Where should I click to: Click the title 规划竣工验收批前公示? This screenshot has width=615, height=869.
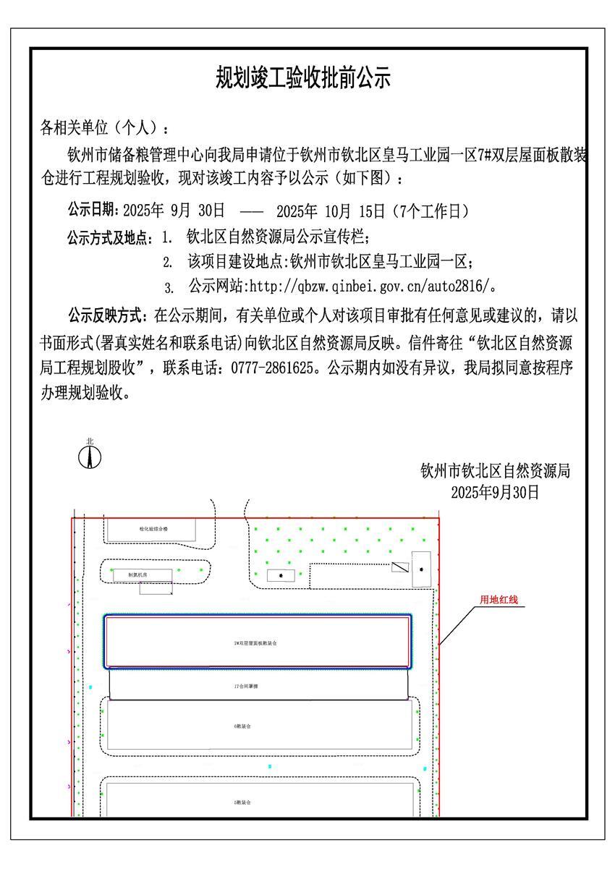tap(304, 77)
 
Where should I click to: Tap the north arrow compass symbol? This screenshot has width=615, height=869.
tap(90, 456)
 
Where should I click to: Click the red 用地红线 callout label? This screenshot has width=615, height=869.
tap(499, 600)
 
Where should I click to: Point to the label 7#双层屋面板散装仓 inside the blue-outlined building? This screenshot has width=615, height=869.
tap(256, 643)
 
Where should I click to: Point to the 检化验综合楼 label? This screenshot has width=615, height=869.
tap(153, 529)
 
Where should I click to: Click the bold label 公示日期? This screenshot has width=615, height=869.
tap(94, 211)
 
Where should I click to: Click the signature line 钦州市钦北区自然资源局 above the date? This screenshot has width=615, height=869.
tap(495, 472)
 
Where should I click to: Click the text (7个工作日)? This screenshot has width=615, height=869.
tap(430, 211)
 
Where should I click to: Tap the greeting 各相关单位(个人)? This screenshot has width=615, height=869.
tap(104, 129)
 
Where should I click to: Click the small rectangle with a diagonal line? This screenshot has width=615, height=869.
tap(400, 567)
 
